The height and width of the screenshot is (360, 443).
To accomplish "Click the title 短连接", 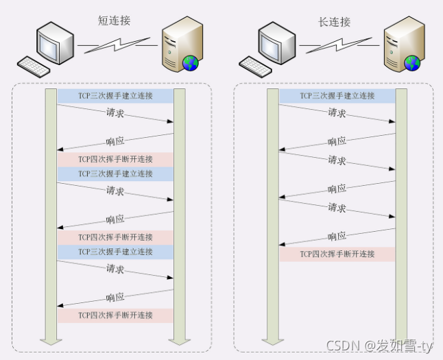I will click(x=114, y=21).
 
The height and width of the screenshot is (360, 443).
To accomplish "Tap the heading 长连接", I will click(x=335, y=21).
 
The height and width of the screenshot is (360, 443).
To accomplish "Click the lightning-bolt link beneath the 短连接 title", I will click(x=117, y=46).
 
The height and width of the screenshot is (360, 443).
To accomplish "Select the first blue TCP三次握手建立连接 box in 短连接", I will click(x=115, y=96).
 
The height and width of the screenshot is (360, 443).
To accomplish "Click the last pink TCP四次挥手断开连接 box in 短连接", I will click(x=115, y=315).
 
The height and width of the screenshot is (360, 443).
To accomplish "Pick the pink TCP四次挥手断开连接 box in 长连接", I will click(x=337, y=254).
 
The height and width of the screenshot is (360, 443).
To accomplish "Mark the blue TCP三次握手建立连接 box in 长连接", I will click(x=337, y=96).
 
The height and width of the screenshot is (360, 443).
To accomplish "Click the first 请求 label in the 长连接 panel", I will click(x=337, y=112).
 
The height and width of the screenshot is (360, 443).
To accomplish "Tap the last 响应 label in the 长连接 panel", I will click(x=337, y=236).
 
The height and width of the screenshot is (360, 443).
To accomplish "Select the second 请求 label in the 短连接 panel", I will click(x=115, y=191).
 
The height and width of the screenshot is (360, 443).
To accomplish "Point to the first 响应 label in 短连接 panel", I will click(x=115, y=141).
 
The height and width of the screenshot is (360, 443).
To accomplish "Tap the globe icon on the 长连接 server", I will click(x=411, y=64).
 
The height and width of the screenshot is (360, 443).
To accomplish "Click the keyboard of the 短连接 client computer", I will click(x=34, y=67).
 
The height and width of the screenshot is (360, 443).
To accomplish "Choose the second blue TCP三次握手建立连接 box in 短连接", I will click(x=115, y=174).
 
